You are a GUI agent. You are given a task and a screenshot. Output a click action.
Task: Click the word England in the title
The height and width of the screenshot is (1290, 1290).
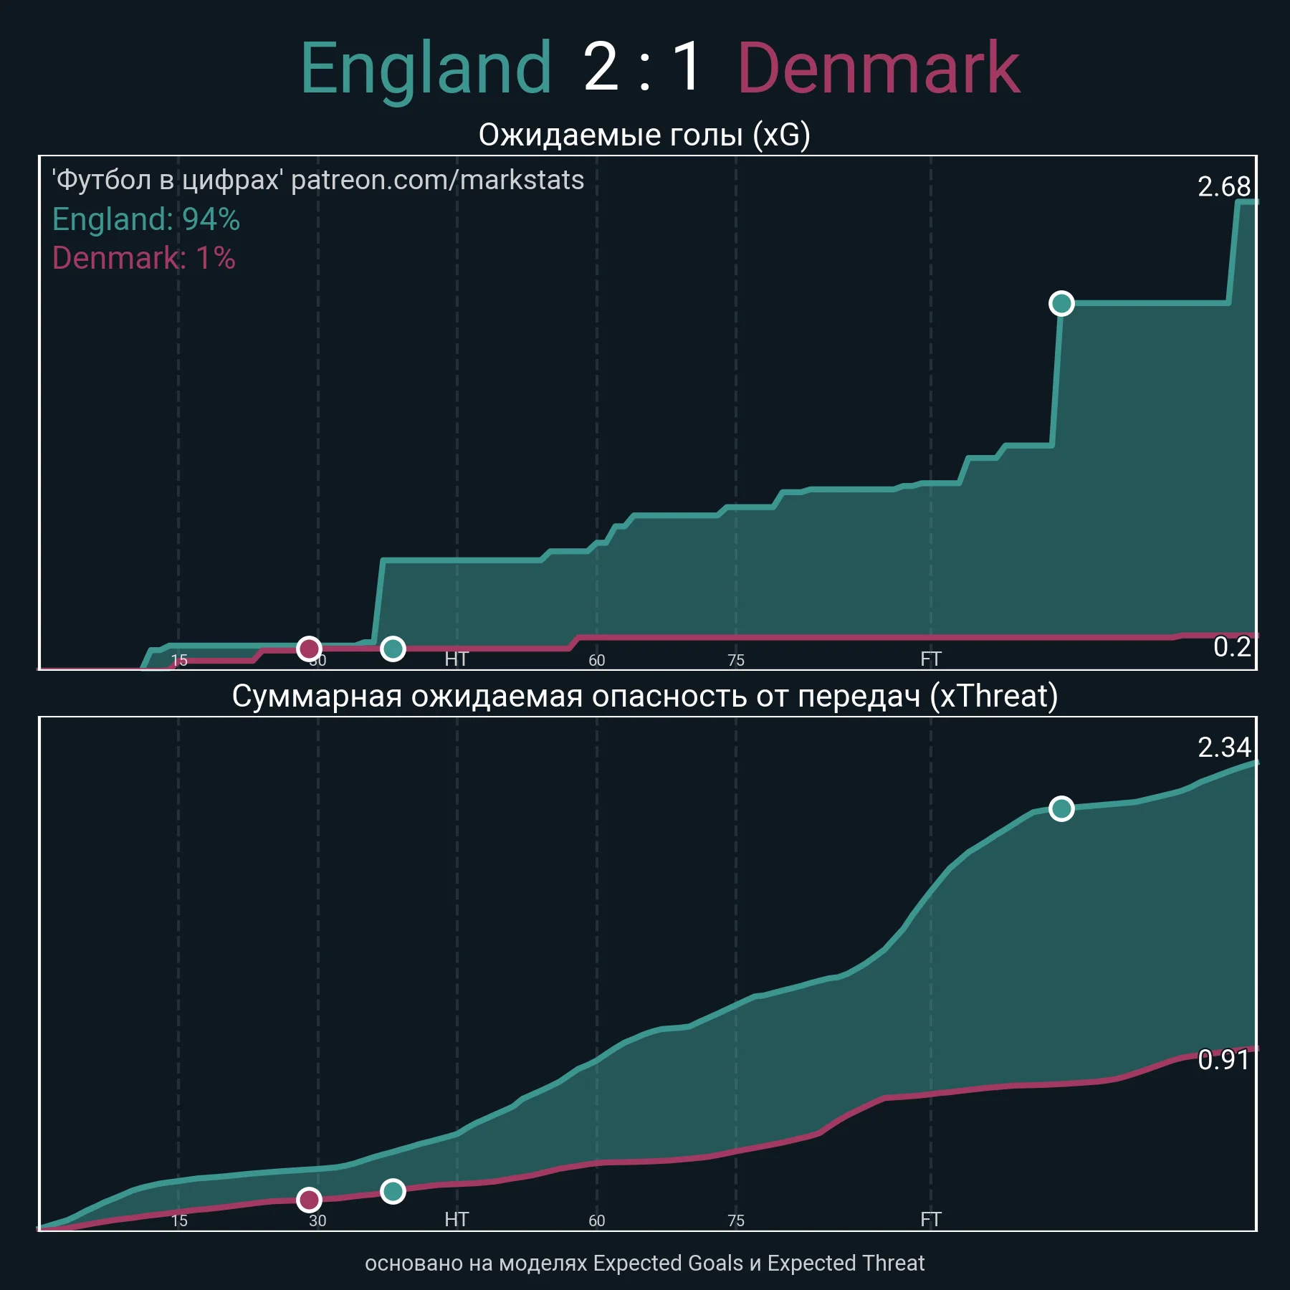tap(426, 69)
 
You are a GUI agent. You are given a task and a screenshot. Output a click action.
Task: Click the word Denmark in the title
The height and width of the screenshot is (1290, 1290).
tap(878, 69)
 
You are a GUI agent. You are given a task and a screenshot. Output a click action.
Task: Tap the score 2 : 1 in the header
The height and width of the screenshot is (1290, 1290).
tap(643, 67)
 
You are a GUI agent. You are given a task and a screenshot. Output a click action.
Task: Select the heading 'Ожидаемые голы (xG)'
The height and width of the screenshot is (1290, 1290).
tap(644, 135)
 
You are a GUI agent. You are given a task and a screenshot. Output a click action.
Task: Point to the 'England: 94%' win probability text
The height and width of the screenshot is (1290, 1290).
tap(146, 219)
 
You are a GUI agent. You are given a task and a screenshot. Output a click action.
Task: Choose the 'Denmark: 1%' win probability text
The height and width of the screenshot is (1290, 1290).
tap(144, 258)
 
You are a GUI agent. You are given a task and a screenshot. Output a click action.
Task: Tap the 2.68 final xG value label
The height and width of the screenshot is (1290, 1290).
tap(1223, 187)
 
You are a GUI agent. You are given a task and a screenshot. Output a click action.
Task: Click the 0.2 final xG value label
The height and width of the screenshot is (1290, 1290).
tap(1231, 647)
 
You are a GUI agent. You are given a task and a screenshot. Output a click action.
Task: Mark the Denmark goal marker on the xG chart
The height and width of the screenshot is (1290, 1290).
tap(309, 649)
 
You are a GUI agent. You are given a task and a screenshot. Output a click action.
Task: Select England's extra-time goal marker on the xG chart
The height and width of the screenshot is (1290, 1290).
tap(1061, 304)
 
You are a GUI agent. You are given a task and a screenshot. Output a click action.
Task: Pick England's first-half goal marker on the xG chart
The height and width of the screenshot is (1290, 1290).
tap(393, 649)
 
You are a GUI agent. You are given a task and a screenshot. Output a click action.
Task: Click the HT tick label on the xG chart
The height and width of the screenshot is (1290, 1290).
tap(457, 659)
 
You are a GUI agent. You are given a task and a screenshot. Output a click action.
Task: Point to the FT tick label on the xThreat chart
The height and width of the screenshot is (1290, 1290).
tap(930, 1220)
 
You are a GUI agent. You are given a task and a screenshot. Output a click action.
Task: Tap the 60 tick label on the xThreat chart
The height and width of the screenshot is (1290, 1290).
tap(597, 1220)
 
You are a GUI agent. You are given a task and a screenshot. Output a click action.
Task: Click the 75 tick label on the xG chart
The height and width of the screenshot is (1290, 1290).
tap(736, 660)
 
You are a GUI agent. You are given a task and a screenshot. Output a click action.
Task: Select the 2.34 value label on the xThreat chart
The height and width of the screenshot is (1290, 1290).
tap(1223, 747)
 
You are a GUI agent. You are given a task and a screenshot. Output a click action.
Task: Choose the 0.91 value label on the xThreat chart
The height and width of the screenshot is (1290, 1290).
tap(1223, 1060)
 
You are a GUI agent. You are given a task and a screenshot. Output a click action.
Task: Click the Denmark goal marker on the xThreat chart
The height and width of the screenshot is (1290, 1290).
tap(309, 1200)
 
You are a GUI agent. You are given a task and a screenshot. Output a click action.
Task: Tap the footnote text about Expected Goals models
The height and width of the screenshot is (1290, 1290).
tap(644, 1263)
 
